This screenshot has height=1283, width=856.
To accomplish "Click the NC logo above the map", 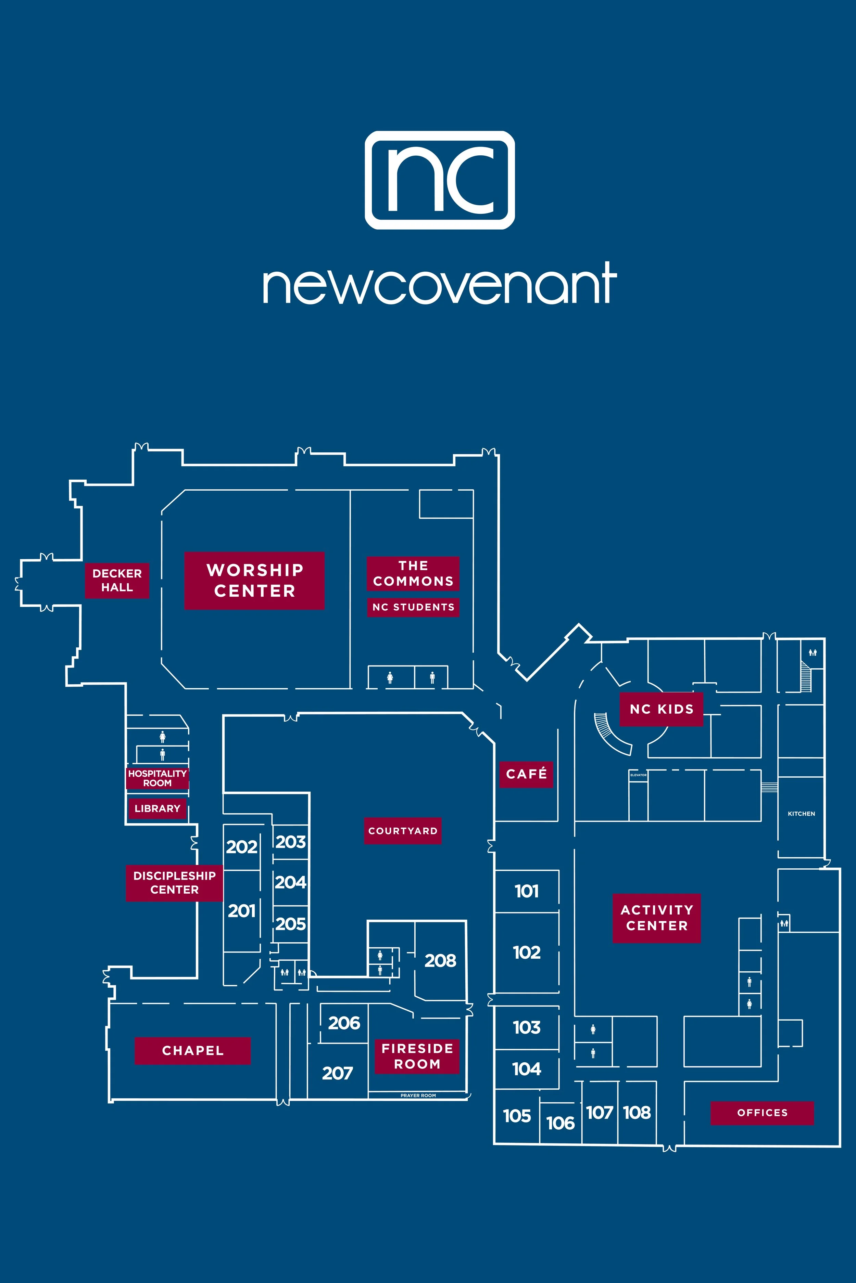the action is [439, 180].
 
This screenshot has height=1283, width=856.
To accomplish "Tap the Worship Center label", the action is [254, 580].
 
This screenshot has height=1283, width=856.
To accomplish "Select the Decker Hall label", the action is [117, 580].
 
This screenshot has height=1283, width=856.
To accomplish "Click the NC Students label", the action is [413, 607].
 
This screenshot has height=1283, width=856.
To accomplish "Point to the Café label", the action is [526, 774].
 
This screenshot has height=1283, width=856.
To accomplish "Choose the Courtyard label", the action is [403, 831].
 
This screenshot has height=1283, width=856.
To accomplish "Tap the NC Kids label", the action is [661, 709].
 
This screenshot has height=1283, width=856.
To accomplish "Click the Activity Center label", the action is [657, 918].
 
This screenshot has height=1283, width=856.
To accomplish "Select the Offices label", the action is [762, 1113].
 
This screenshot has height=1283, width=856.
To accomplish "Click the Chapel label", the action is [193, 1051].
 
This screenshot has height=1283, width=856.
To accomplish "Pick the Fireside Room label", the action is [417, 1056].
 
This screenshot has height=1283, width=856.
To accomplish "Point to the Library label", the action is [157, 808].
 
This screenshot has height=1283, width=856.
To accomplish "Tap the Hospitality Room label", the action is [157, 778].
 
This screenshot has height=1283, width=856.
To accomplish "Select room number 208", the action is [440, 961].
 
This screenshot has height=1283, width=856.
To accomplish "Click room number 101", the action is [526, 891].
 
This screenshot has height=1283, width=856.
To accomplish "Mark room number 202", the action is [242, 846].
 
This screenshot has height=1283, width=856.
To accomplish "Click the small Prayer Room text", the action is [418, 1096].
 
